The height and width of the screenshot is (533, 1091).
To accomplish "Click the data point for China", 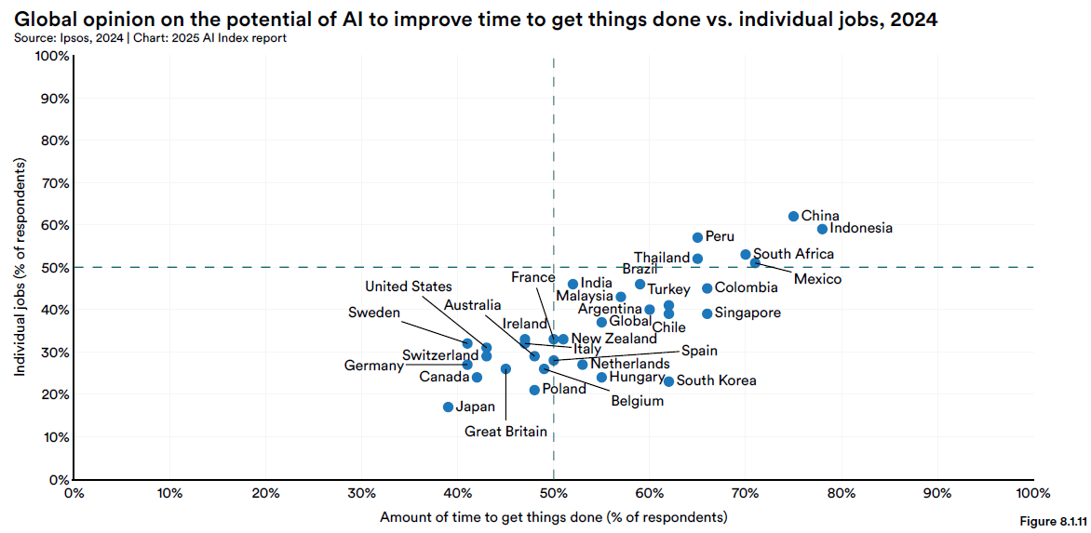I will point(793,216).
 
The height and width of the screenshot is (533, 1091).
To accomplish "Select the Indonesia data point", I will point(822,229).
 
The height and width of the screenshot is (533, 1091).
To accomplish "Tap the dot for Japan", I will point(448,406).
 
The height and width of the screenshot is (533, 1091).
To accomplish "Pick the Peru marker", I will point(697,237).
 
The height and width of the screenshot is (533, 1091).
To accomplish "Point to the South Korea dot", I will point(668,381).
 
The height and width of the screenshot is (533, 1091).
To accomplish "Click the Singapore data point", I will point(707,313).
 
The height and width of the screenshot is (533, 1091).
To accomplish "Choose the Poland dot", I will point(534,390).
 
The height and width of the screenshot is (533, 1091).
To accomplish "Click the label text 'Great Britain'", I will point(505,431).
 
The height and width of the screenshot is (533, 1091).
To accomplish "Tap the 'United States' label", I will point(408,286).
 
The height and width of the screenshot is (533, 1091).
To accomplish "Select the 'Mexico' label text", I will point(818,279).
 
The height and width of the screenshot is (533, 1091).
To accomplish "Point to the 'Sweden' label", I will point(374,313).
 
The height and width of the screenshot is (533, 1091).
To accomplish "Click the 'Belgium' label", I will point(637,401).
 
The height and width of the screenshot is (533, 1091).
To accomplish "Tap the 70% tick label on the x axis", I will point(745,492).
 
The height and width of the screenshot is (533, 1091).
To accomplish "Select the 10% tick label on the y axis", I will point(54,437).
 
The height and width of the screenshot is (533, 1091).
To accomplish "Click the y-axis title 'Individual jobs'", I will point(20,267).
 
